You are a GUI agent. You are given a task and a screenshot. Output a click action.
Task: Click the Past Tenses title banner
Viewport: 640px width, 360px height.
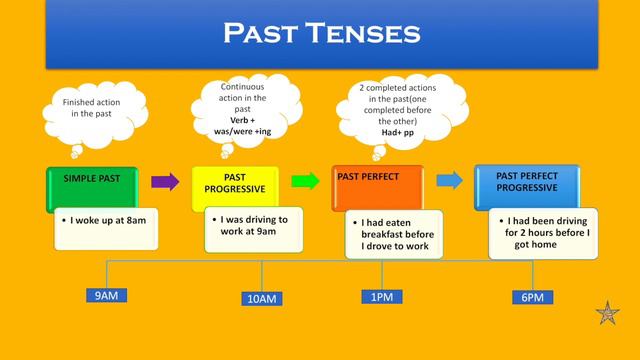click(320, 34)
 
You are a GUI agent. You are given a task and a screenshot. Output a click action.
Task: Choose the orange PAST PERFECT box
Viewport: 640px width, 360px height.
click(377, 185)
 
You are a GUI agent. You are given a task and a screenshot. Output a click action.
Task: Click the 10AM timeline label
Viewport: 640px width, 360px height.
click(262, 298)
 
